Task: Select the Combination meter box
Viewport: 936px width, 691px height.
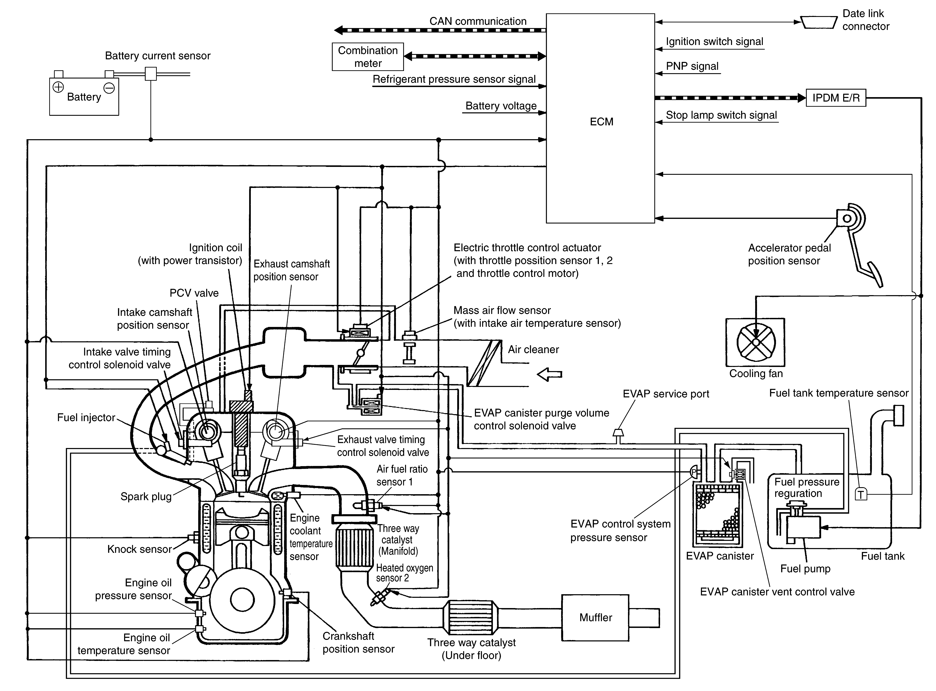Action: click(x=368, y=56)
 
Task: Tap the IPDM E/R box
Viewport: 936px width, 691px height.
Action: click(x=836, y=98)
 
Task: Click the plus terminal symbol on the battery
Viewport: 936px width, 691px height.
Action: click(x=58, y=87)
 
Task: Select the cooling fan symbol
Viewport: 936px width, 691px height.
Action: click(x=755, y=342)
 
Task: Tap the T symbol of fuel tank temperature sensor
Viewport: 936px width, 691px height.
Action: click(x=861, y=495)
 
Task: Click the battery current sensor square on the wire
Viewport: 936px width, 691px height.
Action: click(x=151, y=74)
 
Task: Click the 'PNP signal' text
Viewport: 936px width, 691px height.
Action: click(x=692, y=66)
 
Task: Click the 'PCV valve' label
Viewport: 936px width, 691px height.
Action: click(x=194, y=293)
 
